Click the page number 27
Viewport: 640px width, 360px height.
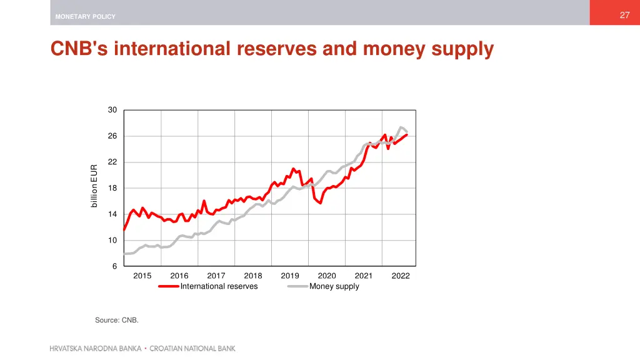click(x=624, y=16)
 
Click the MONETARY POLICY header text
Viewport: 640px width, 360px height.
click(x=85, y=17)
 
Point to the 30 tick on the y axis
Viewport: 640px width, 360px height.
click(x=112, y=110)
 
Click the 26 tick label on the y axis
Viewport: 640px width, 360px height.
click(x=112, y=136)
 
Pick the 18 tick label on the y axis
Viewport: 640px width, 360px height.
click(x=112, y=188)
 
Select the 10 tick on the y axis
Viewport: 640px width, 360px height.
click(x=112, y=240)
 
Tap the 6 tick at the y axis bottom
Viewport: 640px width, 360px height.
click(x=114, y=266)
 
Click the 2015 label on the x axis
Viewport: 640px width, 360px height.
click(x=142, y=276)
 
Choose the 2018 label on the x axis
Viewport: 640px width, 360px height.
click(x=253, y=276)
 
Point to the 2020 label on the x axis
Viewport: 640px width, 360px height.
click(x=327, y=276)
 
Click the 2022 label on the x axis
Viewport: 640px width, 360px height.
click(x=401, y=276)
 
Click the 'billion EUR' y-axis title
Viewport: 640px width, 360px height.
click(x=94, y=186)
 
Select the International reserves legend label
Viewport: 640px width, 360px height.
click(x=219, y=286)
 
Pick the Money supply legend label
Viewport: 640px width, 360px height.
click(x=334, y=286)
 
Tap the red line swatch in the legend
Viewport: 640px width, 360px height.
click(x=169, y=286)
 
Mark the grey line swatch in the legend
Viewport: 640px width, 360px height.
click(x=297, y=286)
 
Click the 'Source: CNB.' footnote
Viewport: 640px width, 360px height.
click(x=117, y=320)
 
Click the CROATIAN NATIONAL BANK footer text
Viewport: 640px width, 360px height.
click(x=192, y=349)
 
